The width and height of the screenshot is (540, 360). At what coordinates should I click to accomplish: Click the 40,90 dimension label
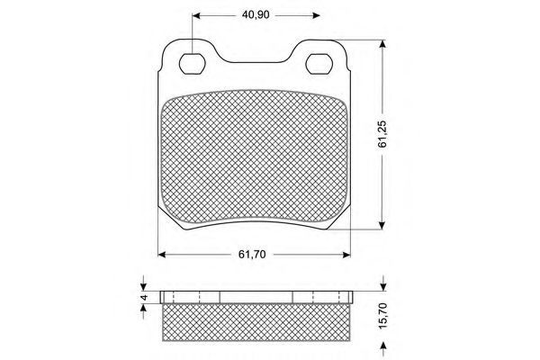tap(256, 15)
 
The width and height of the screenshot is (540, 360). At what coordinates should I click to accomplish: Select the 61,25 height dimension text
tap(382, 135)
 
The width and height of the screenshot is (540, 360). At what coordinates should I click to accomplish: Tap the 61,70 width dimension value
tap(252, 255)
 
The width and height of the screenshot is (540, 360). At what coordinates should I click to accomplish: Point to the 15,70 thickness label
tap(383, 316)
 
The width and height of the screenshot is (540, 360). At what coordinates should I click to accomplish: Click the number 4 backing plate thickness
tap(145, 297)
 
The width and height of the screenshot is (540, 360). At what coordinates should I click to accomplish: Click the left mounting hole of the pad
tap(193, 64)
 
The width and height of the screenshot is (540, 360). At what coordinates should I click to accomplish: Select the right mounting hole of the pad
tap(319, 64)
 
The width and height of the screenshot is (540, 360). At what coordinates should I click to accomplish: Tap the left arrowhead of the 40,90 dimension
tap(196, 15)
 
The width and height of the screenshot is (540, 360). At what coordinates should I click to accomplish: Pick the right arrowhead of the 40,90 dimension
tap(316, 15)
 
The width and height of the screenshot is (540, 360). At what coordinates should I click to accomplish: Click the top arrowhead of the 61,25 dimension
tap(382, 44)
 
